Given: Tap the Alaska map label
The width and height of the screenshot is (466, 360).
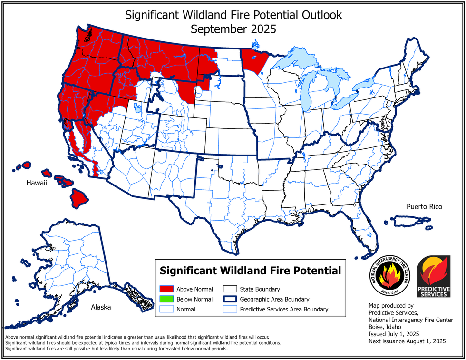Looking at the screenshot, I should pyautogui.click(x=101, y=307).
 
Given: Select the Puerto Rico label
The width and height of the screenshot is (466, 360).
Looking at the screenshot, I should pyautogui.click(x=424, y=206).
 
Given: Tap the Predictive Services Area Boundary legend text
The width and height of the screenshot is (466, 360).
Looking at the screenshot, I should pyautogui.click(x=284, y=309).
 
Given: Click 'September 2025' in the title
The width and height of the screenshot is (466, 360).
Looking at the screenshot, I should pyautogui.click(x=233, y=29).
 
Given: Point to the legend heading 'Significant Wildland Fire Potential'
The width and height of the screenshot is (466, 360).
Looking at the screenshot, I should pyautogui.click(x=250, y=271).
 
